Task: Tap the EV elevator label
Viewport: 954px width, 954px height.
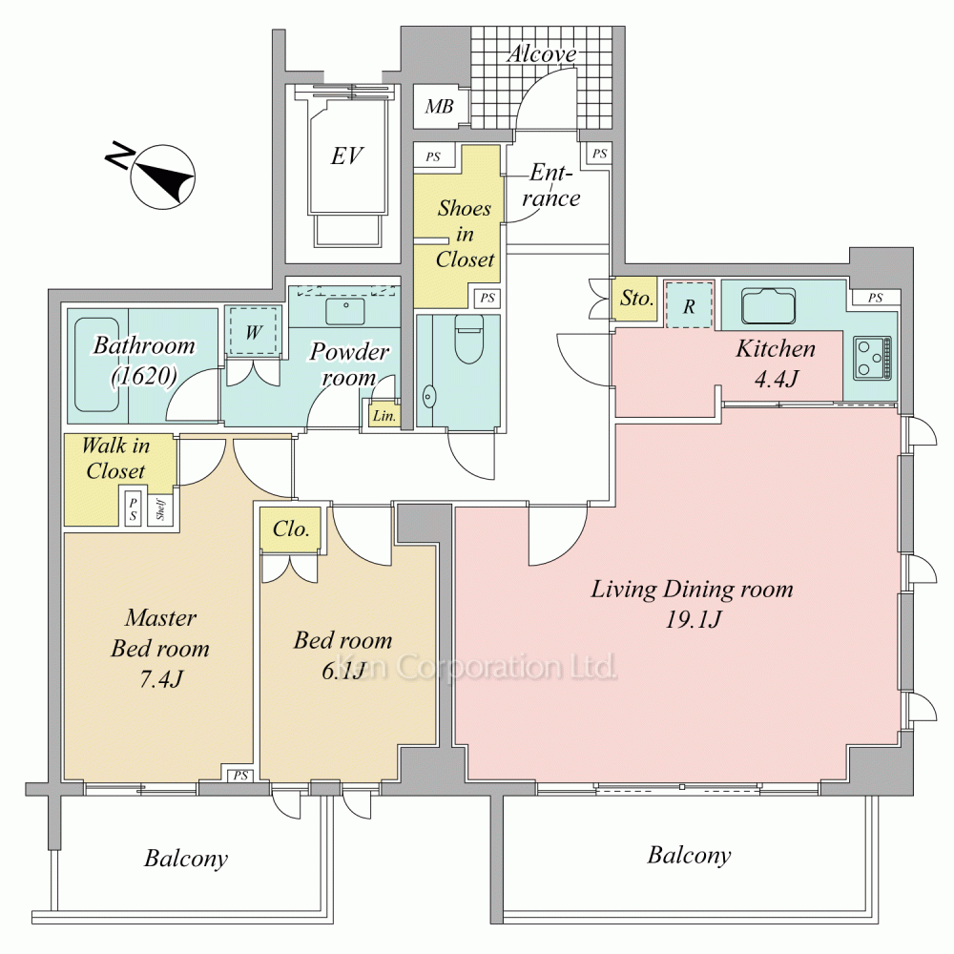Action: click(347, 156)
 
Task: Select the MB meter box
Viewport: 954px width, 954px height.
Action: click(439, 107)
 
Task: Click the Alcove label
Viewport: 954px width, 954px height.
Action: click(542, 53)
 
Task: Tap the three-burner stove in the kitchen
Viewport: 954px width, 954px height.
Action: click(872, 358)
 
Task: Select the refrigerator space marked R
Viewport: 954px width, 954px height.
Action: click(688, 305)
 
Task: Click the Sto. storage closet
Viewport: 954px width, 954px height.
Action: click(634, 299)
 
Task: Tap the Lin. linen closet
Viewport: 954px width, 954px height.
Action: click(384, 416)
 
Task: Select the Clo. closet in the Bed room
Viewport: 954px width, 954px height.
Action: click(290, 529)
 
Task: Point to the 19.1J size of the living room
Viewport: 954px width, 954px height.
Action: click(693, 619)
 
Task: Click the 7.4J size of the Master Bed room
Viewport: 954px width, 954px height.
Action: click(161, 678)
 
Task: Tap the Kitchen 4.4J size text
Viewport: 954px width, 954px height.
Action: click(776, 379)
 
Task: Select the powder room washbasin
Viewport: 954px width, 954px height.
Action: click(345, 311)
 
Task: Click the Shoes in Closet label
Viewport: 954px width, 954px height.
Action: click(465, 234)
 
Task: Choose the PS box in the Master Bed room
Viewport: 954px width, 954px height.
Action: click(241, 775)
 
